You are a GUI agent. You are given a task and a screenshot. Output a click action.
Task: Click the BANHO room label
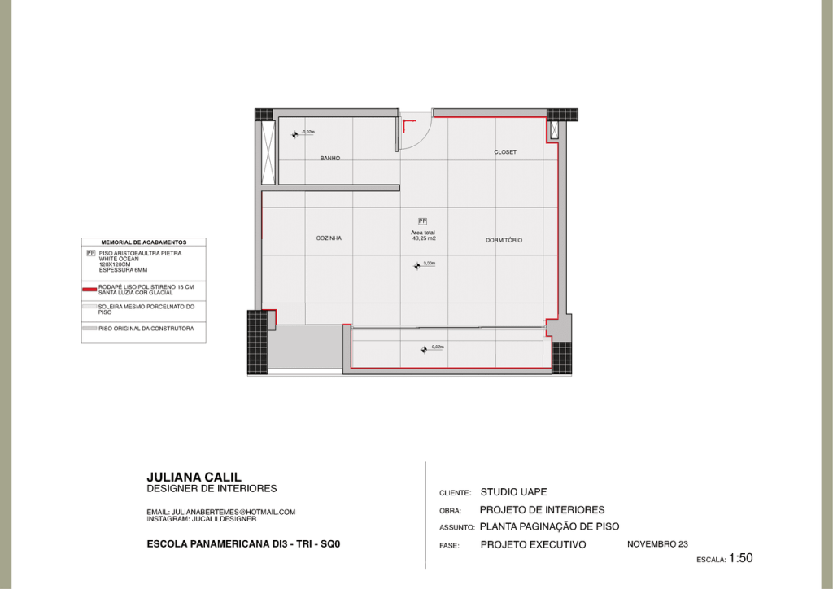(329, 158)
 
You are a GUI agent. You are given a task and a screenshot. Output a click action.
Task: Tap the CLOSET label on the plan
(505, 152)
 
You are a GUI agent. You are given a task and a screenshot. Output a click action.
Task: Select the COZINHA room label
(329, 238)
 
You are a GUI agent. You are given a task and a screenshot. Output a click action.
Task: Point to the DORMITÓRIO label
(504, 240)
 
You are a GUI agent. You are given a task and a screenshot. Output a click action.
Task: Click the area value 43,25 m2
(424, 239)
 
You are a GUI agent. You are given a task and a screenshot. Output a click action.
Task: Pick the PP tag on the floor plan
(422, 221)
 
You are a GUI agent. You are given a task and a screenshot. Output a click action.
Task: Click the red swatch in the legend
(89, 289)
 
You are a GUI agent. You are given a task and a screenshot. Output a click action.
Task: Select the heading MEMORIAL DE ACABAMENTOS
(144, 242)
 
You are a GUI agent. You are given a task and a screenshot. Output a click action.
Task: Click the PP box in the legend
(91, 253)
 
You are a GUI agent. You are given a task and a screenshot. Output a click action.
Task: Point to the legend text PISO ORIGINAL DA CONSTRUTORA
(146, 329)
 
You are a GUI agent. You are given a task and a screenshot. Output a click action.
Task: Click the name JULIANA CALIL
(194, 477)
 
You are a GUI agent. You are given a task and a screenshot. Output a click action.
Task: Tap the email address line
(220, 512)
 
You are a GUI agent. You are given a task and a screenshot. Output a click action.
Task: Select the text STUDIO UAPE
(513, 492)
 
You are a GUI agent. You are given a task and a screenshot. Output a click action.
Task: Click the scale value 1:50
(740, 558)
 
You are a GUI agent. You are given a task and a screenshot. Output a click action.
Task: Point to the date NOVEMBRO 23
(657, 543)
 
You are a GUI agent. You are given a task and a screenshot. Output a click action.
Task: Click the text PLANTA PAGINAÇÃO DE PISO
(549, 526)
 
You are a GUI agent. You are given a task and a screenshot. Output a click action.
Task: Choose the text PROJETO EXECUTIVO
(533, 545)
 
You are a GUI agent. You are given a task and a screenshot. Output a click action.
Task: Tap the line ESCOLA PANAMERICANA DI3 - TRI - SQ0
(242, 543)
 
